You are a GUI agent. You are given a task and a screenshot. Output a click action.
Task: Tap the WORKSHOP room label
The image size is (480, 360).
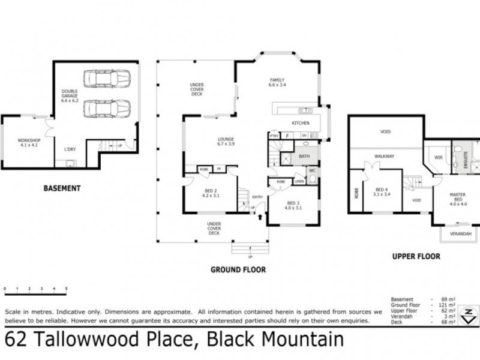point(28,143)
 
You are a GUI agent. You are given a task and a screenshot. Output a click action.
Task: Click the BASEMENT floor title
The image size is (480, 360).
point(62,188)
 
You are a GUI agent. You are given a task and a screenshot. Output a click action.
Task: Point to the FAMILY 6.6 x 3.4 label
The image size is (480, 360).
point(277,83)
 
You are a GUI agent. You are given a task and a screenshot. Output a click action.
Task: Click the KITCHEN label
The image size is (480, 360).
point(300,123)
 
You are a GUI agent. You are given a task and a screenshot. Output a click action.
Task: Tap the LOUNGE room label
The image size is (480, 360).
point(226,142)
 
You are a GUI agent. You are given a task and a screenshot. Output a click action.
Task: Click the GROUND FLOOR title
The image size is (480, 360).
point(238,270)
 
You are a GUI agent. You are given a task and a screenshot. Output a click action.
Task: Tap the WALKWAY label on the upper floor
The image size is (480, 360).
point(384,156)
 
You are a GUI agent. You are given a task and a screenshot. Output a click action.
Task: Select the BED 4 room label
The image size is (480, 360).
point(382,191)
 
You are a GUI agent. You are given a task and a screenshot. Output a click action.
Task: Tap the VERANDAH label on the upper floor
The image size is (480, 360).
point(461,233)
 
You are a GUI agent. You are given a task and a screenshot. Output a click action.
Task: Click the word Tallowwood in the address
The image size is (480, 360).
point(117,340)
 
